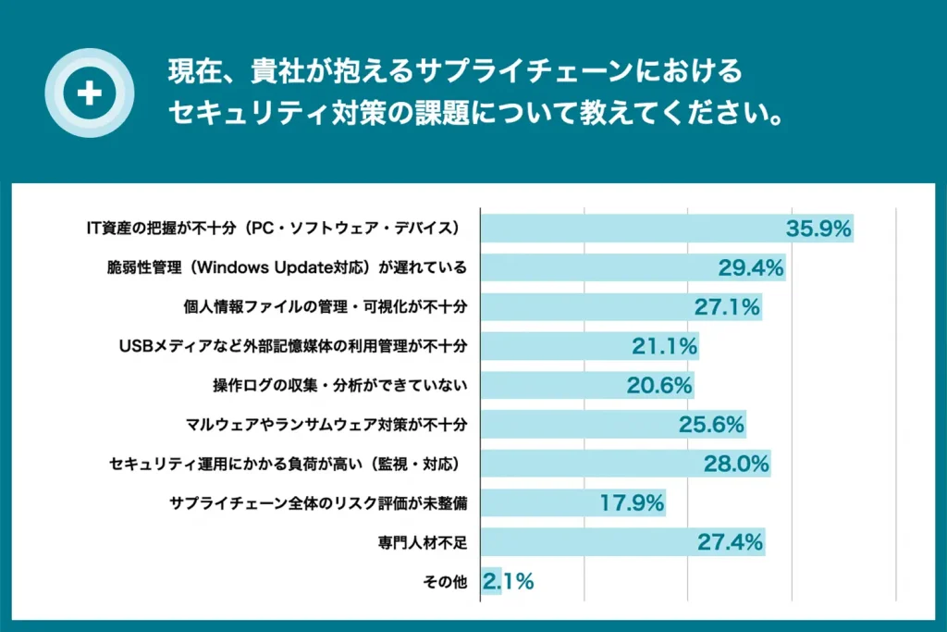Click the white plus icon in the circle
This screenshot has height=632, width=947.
pyautogui.click(x=90, y=93)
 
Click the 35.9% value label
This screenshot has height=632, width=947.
pyautogui.click(x=818, y=229)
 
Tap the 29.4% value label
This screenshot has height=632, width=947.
pyautogui.click(x=751, y=267)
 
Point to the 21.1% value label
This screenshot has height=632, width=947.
pyautogui.click(x=664, y=346)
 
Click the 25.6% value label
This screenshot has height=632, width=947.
pyautogui.click(x=711, y=425)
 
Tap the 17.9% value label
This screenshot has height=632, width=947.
pyautogui.click(x=632, y=503)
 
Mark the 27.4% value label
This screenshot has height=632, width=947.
pyautogui.click(x=729, y=542)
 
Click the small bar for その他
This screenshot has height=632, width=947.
pyautogui.click(x=490, y=582)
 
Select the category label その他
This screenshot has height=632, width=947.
pyautogui.click(x=444, y=582)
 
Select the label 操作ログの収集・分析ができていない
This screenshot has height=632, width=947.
pyautogui.click(x=339, y=386)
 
